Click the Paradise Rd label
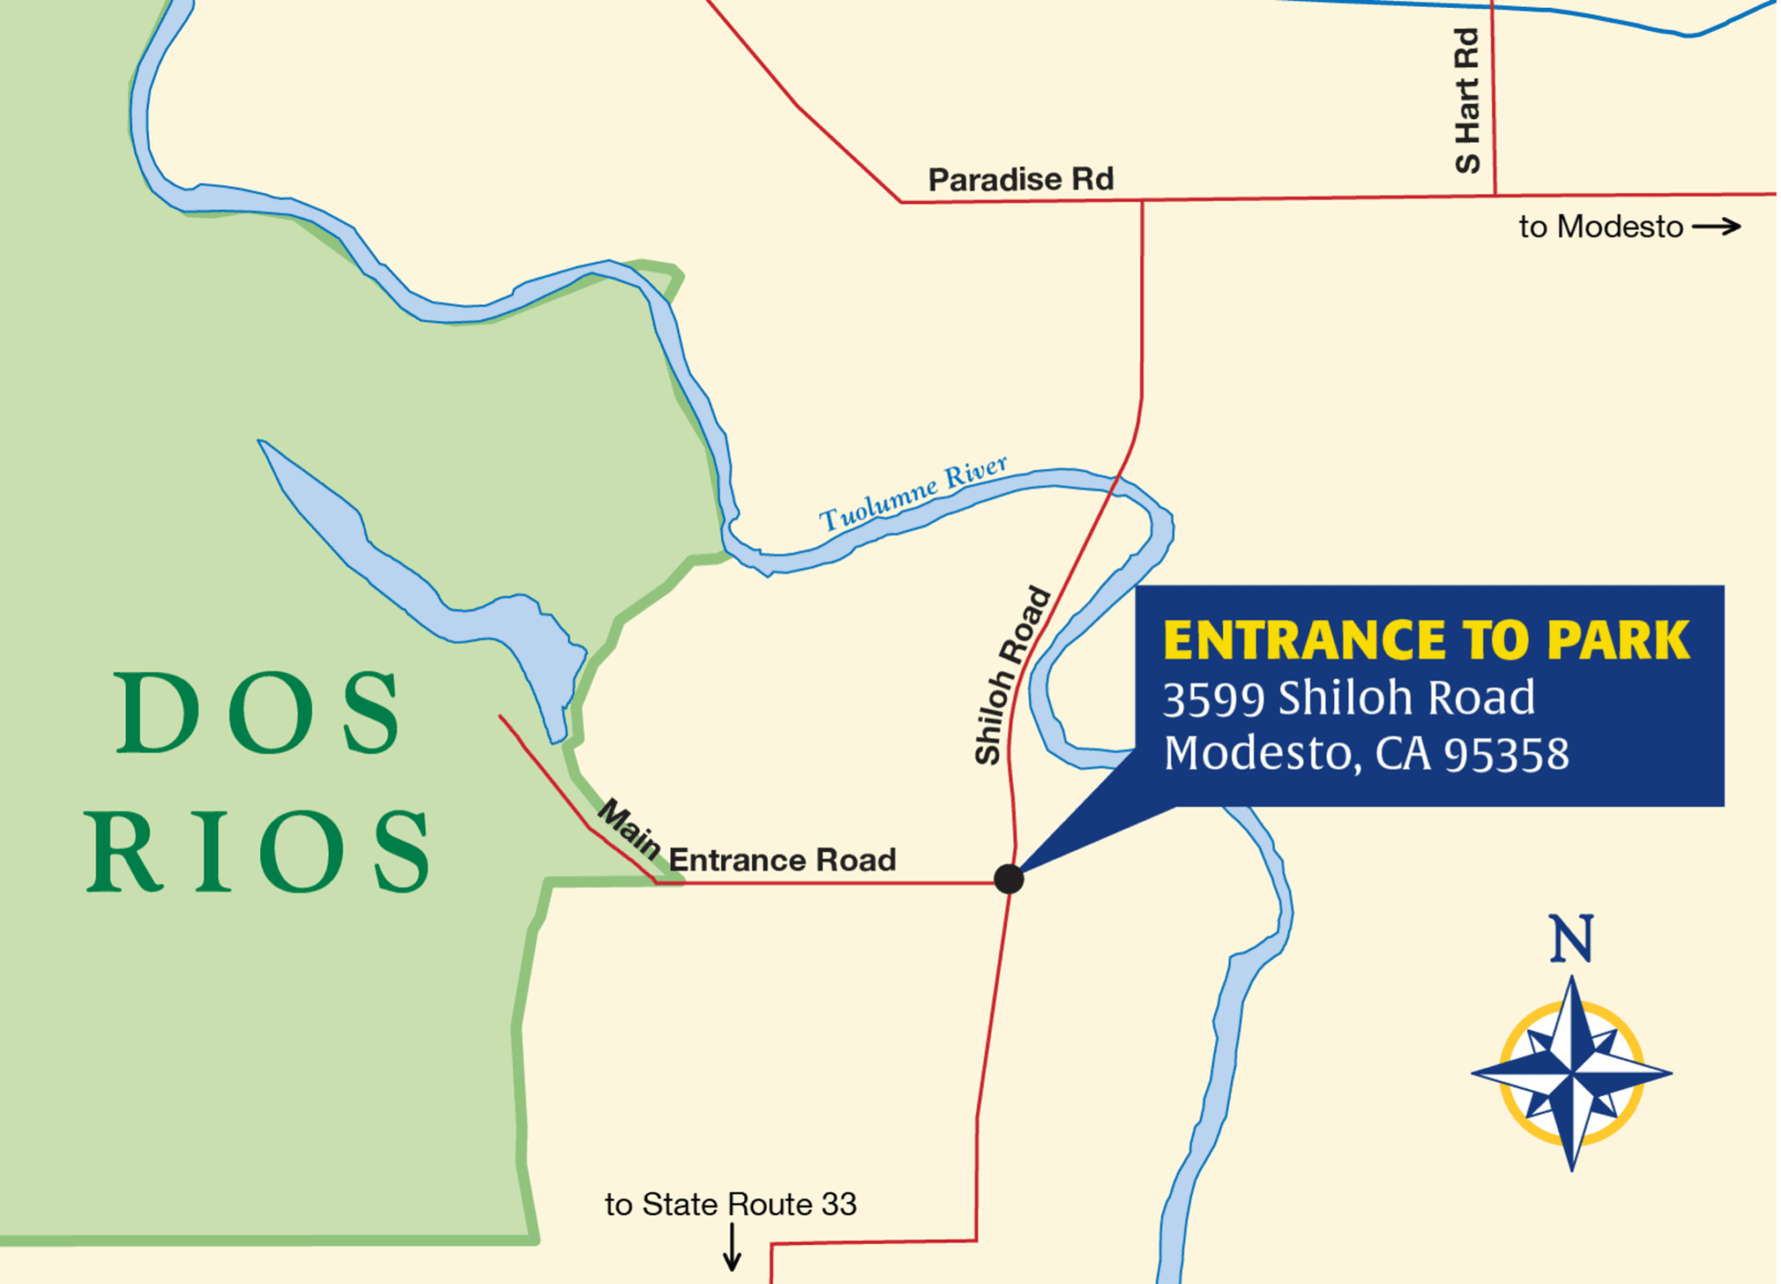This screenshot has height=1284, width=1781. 1020,179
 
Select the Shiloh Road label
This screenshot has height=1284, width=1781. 1012,676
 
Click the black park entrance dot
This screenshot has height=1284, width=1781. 1009,879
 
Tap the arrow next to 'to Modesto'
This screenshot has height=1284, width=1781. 1717,227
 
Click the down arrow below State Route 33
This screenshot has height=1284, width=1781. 732,1247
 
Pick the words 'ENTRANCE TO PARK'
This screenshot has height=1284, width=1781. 1426,641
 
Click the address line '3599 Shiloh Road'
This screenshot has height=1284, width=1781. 1349,698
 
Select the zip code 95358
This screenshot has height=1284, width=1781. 1507,754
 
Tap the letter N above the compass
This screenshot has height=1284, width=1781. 1571,939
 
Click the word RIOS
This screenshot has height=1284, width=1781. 258,852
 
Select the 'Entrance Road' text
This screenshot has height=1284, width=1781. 782,860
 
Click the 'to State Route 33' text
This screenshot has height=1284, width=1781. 730,1204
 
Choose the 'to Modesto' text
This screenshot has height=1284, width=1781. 1601,227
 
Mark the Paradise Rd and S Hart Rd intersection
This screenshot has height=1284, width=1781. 1495,196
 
